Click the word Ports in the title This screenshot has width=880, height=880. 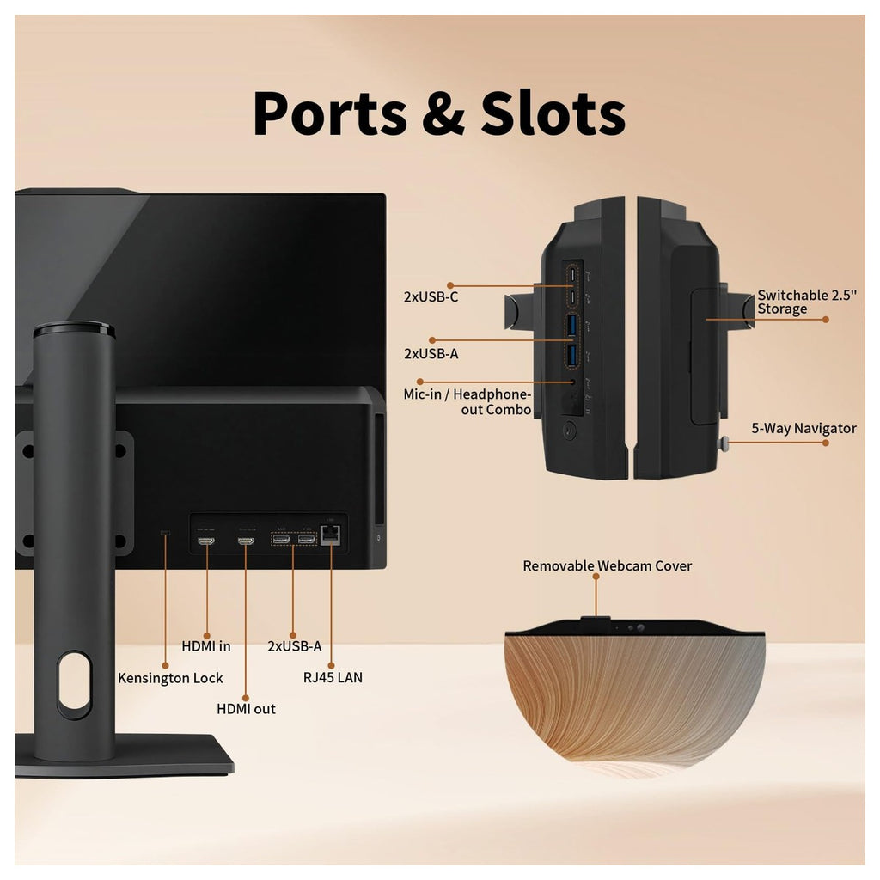tap(330, 113)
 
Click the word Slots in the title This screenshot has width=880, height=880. tap(553, 113)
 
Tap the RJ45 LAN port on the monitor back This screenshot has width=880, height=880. tap(330, 535)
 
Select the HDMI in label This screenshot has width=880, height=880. tap(206, 646)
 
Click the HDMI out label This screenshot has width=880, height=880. tap(246, 709)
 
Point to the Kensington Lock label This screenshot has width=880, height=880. tap(170, 679)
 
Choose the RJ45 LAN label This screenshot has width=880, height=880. tap(333, 678)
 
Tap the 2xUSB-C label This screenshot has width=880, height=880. tap(431, 296)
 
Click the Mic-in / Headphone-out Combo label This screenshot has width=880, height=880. tap(467, 402)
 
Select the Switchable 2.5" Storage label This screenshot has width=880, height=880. tap(807, 302)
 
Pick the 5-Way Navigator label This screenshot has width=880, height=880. tap(804, 429)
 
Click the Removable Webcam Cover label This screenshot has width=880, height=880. tap(608, 565)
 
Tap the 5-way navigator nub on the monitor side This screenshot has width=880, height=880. tap(724, 443)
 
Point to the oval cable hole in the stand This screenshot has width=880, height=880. tap(74, 686)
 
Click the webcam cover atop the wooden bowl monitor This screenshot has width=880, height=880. tap(595, 619)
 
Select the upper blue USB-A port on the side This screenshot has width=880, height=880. tap(571, 326)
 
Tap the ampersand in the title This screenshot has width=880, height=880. tap(443, 114)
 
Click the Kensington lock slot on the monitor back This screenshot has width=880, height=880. tap(165, 533)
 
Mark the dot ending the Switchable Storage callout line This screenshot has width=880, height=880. tap(826, 320)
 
